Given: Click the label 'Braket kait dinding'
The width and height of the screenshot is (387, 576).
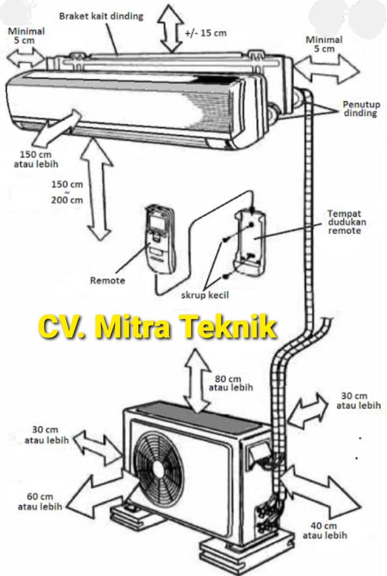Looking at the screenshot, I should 101,16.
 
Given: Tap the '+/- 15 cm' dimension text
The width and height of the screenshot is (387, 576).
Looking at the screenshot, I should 205,33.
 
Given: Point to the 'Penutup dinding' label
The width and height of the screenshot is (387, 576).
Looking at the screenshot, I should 360,109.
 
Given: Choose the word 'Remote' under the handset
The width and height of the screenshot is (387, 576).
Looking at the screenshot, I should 107,280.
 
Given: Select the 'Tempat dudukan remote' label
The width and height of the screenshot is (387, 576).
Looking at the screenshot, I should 344,222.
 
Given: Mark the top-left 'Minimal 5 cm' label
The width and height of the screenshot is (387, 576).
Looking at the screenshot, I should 26,35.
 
